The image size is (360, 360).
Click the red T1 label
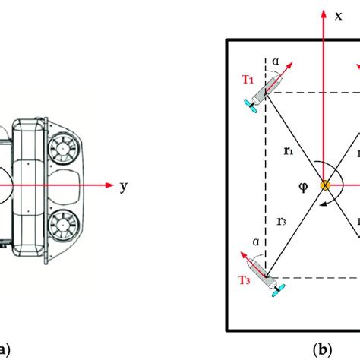coord(248,80)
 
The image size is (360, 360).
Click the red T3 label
coord(245,280)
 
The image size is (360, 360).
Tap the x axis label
coord(338,16)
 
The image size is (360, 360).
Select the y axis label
coord(124,187)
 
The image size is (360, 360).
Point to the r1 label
coord(289,151)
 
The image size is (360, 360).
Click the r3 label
coord(282,222)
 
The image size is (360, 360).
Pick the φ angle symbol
coord(303,187)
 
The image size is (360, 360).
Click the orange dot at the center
coord(325,185)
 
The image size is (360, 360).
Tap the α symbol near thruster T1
coord(276,62)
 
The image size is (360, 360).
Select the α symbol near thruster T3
coord(256,242)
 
